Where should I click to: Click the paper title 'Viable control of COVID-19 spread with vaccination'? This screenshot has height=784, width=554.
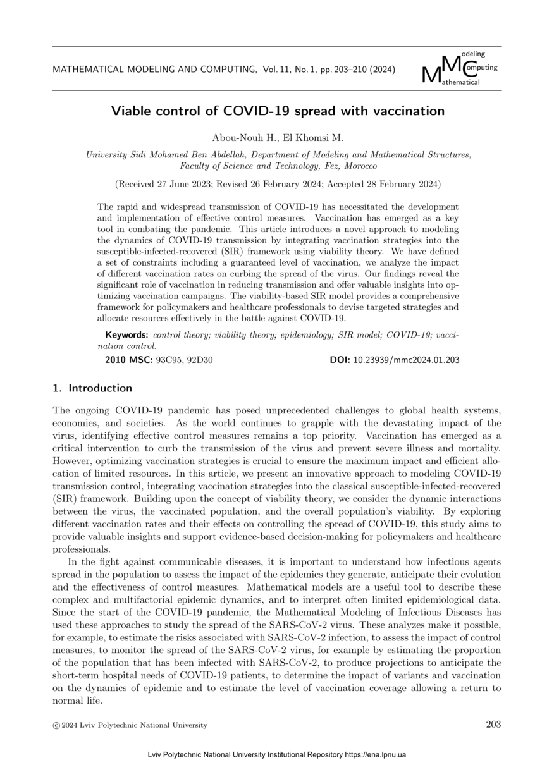(x=278, y=111)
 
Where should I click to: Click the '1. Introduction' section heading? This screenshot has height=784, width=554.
(x=92, y=388)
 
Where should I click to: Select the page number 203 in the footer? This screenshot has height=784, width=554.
(x=493, y=725)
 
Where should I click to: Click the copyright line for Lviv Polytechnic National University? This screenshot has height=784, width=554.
(x=130, y=725)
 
